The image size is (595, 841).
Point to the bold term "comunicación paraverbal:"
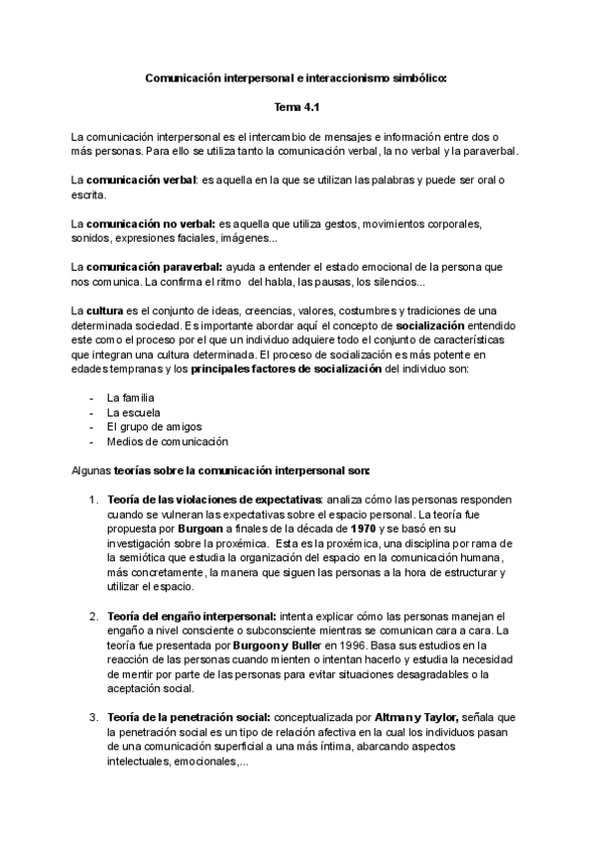point(153,269)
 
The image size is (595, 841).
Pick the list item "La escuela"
point(133,412)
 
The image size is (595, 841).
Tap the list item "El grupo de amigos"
point(151,426)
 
